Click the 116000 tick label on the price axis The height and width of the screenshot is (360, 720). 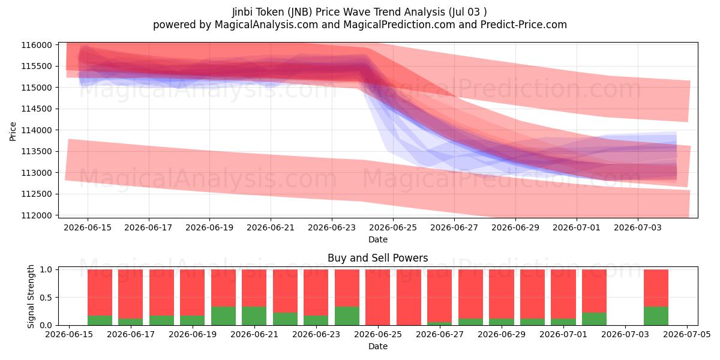click(x=37, y=45)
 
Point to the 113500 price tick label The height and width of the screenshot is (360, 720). click(x=37, y=151)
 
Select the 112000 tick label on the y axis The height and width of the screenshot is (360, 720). click(x=37, y=215)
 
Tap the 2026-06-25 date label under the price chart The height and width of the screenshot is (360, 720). click(x=393, y=227)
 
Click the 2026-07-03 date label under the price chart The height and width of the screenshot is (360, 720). click(x=638, y=227)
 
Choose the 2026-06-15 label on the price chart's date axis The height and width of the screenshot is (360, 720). click(x=88, y=227)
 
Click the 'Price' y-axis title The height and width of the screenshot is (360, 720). click(x=13, y=131)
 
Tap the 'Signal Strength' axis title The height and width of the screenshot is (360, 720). click(x=31, y=296)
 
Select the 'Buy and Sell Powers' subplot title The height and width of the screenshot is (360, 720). click(x=377, y=258)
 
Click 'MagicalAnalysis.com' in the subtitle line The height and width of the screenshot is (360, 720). click(x=266, y=25)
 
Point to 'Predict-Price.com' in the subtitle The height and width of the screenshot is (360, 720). click(x=524, y=25)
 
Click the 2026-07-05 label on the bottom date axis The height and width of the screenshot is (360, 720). click(x=687, y=334)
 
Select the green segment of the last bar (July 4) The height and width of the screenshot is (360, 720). click(x=656, y=316)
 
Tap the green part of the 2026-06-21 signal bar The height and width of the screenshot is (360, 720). click(x=254, y=316)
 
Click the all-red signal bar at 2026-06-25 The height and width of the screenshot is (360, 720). click(x=377, y=298)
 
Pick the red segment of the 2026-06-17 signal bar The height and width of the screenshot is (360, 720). click(x=131, y=294)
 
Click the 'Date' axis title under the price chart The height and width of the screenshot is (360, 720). click(x=377, y=239)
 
